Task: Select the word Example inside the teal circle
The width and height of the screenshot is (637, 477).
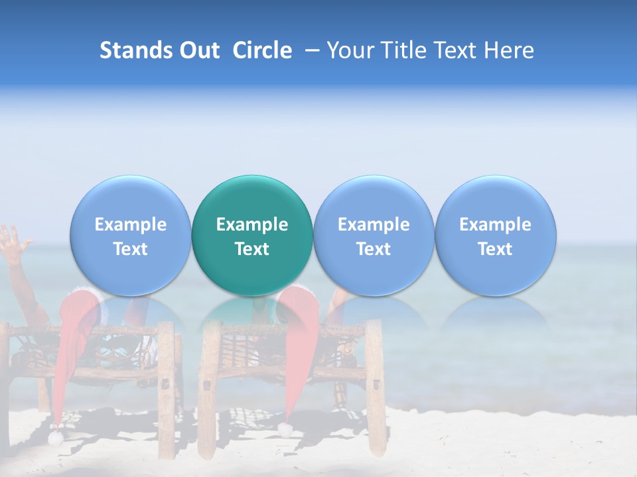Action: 252,225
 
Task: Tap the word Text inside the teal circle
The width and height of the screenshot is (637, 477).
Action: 252,249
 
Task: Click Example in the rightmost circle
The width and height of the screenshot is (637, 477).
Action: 495,225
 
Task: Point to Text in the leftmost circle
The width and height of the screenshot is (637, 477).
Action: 131,249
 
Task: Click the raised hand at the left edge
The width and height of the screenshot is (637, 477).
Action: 12,242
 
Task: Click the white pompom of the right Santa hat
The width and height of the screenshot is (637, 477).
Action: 286,430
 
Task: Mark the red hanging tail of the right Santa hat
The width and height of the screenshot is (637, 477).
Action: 293,371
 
